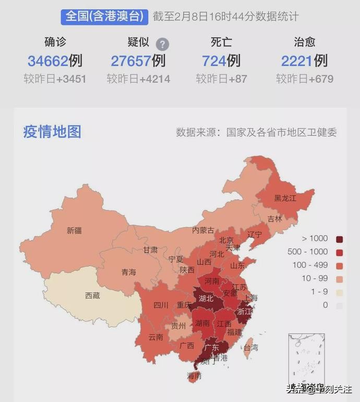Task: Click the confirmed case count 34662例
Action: click(x=55, y=61)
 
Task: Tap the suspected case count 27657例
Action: click(x=138, y=61)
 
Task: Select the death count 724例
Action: click(x=221, y=61)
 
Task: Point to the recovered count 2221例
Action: click(x=304, y=61)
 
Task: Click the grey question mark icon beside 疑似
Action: click(x=163, y=44)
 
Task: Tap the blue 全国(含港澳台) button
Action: click(x=104, y=16)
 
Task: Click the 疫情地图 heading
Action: click(x=52, y=131)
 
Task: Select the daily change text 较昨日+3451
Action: click(x=55, y=79)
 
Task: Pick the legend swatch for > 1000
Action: click(x=340, y=239)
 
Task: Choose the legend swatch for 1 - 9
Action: click(x=340, y=292)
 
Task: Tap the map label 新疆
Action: click(x=74, y=230)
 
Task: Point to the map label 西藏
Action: click(x=92, y=296)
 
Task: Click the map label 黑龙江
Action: click(x=285, y=198)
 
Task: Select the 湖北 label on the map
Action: click(x=206, y=299)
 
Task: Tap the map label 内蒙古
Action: click(x=203, y=230)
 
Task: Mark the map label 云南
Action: click(x=155, y=337)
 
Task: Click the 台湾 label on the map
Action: click(x=250, y=347)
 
